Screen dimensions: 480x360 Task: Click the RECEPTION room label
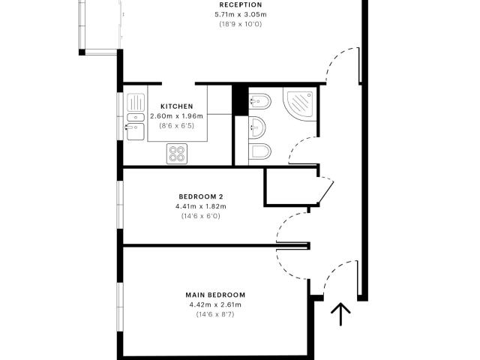point(241,5)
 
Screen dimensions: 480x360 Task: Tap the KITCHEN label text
point(177,106)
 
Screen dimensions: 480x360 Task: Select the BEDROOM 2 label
point(201,196)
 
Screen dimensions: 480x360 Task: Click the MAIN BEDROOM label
point(215,295)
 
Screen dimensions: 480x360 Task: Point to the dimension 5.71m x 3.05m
point(241,14)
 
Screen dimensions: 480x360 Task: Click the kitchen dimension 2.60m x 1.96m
point(177,116)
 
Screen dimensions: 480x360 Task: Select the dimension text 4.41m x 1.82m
point(201,206)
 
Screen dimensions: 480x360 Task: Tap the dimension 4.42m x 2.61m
point(215,305)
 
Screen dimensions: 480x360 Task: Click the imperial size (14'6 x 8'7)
point(215,314)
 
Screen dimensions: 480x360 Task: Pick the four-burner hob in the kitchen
point(177,154)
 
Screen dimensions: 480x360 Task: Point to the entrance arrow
point(340,314)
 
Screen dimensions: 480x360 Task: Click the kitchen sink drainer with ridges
point(136,103)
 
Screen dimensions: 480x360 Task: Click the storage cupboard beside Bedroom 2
point(291,187)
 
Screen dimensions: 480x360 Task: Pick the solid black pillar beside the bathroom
point(240,100)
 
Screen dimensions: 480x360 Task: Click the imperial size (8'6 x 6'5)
point(177,125)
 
